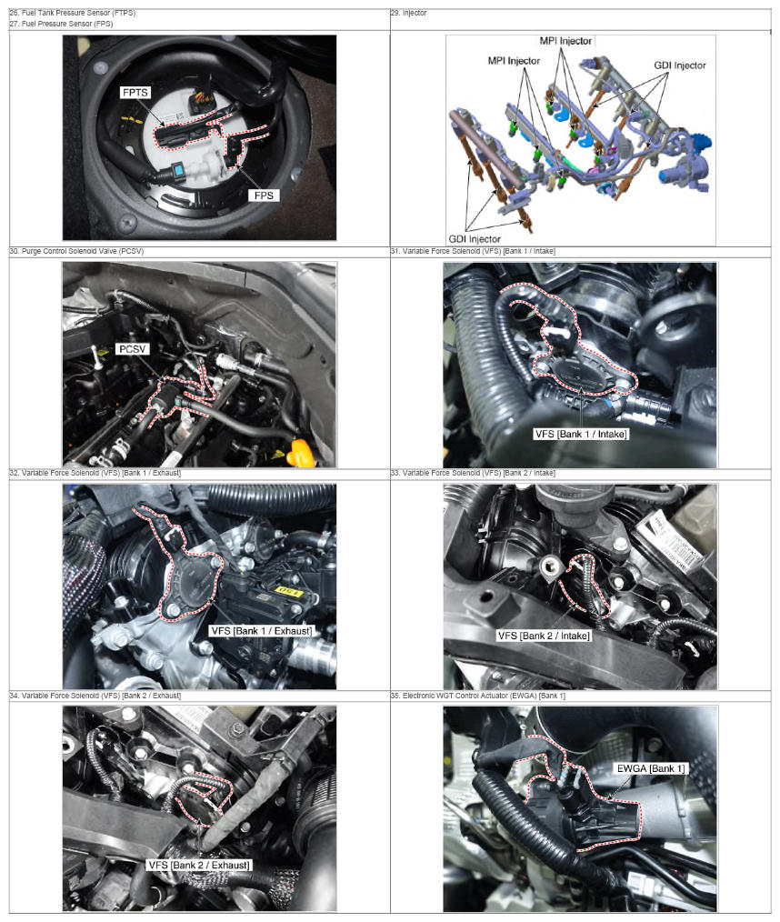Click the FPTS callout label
pyautogui.click(x=135, y=93)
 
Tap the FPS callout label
pyautogui.click(x=264, y=195)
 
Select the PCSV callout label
pyautogui.click(x=132, y=349)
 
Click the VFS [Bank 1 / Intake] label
pyautogui.click(x=581, y=434)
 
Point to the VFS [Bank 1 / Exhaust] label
pyautogui.click(x=262, y=631)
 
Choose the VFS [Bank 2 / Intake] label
pyautogui.click(x=544, y=636)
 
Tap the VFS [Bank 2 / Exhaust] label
pyautogui.click(x=199, y=865)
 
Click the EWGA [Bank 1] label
pyautogui.click(x=651, y=768)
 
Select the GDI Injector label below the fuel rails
pyautogui.click(x=475, y=239)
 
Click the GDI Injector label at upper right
pyautogui.click(x=679, y=65)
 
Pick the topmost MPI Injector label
pyautogui.click(x=565, y=41)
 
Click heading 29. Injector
pyautogui.click(x=408, y=13)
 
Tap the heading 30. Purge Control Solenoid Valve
pyautogui.click(x=76, y=251)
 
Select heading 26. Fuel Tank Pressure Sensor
pyautogui.click(x=73, y=13)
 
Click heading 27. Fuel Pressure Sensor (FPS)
pyautogui.click(x=61, y=24)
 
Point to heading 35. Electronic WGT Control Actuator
pyautogui.click(x=478, y=696)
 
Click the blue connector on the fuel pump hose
pyautogui.click(x=177, y=172)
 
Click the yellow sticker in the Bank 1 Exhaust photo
pyautogui.click(x=289, y=591)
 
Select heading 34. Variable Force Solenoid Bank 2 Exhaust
pyautogui.click(x=95, y=696)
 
